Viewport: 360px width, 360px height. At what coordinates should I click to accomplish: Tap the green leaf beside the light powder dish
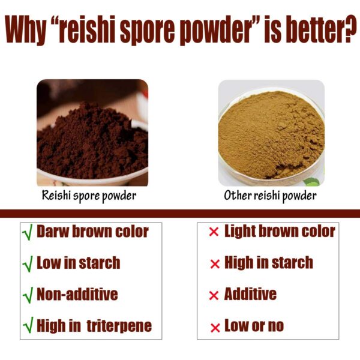point(312,181)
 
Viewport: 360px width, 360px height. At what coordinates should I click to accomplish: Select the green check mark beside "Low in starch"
point(26,263)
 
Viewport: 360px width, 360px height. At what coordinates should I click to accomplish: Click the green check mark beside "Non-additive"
point(26,295)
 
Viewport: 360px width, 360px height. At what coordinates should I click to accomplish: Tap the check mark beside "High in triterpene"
point(26,327)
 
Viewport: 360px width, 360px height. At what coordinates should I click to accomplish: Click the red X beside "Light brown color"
point(214,232)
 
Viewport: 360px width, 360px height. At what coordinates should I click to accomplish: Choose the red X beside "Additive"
point(214,295)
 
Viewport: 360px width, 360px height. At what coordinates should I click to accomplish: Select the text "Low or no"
point(254,326)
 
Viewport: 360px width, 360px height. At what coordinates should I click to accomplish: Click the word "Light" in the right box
point(241,231)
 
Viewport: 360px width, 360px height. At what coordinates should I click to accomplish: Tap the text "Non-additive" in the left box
point(77,295)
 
